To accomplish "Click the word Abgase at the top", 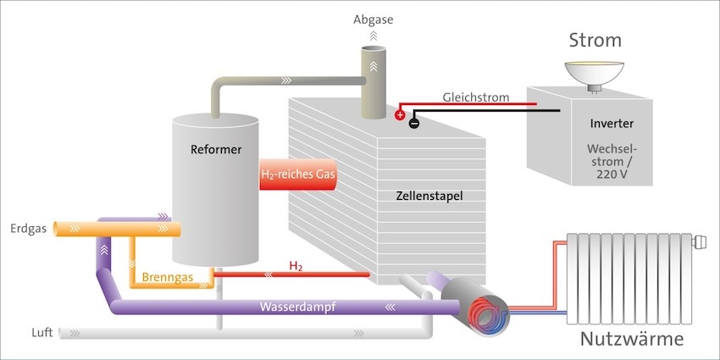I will tap(374, 19).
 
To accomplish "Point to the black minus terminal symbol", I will tap(414, 123).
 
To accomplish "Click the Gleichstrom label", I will tap(475, 97).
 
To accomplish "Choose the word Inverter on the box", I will tap(612, 124).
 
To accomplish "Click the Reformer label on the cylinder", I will tap(216, 150).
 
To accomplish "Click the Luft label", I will tap(42, 333).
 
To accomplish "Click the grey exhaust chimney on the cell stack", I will tap(374, 85).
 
